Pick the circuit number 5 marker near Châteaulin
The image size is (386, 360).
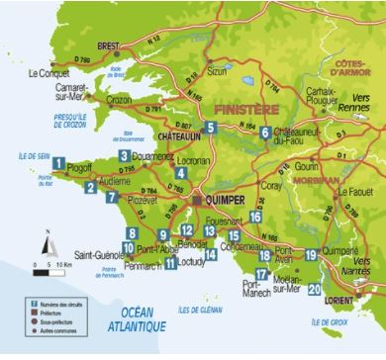pyautogui.click(x=211, y=126)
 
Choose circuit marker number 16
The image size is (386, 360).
pyautogui.click(x=255, y=217)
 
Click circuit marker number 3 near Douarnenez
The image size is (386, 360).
pyautogui.click(x=124, y=155)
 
